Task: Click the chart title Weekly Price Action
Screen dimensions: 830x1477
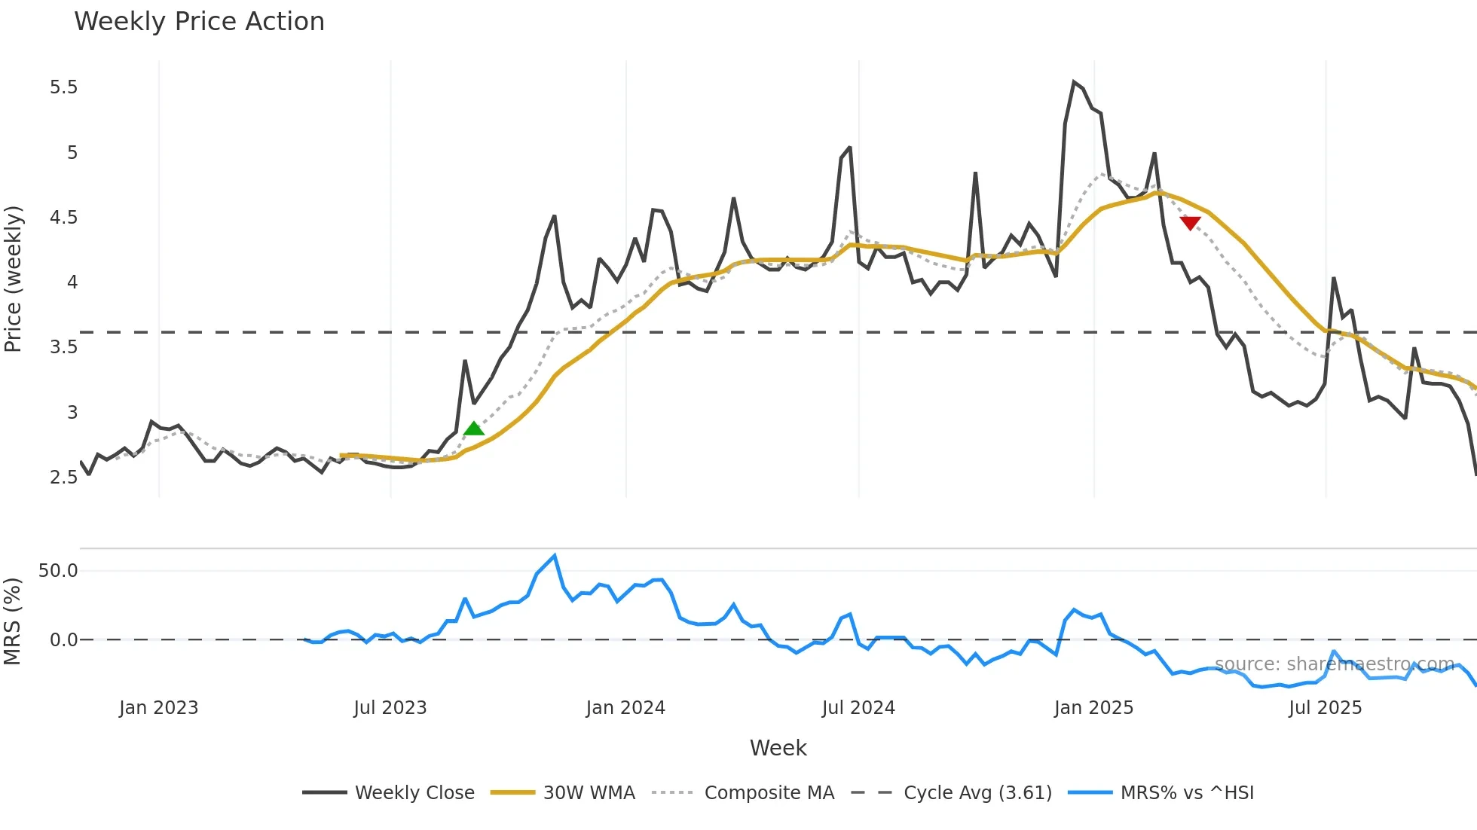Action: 199,22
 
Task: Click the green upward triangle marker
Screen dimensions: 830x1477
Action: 474,429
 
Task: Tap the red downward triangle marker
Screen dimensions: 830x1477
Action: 1190,223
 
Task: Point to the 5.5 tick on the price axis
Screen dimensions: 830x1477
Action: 64,87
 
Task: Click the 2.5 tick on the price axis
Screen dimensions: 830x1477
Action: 64,478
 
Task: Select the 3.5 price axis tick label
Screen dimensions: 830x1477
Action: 64,347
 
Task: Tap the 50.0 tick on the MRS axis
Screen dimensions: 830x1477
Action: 58,571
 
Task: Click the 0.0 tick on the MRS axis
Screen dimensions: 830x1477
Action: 63,640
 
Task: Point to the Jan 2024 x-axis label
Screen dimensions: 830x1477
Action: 625,708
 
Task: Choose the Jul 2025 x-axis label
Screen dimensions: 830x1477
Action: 1325,708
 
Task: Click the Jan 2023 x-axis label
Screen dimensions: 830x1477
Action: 158,708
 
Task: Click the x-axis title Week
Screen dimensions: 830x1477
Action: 778,748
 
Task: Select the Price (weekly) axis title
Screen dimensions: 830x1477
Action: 13,279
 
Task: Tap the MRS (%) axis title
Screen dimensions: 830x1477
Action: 13,621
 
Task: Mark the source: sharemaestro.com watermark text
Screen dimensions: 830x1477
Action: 1334,664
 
